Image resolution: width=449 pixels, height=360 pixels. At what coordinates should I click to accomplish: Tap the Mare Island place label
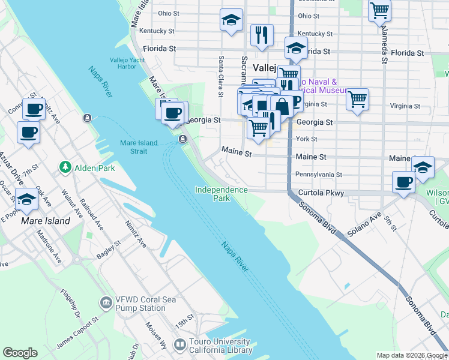click(x=46, y=221)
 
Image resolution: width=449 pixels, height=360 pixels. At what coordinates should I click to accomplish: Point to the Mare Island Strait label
click(x=139, y=147)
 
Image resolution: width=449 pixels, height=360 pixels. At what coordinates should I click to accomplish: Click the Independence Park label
click(x=221, y=194)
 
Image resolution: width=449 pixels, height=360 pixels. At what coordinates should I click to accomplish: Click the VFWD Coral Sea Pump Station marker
click(x=106, y=301)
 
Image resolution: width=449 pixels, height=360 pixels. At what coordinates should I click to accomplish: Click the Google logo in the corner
click(x=20, y=353)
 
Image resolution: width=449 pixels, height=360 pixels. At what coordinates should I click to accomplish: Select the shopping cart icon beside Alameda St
click(x=379, y=10)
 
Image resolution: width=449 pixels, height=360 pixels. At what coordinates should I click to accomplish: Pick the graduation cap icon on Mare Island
click(x=26, y=199)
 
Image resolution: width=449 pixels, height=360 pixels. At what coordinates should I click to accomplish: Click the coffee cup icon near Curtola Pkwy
click(x=403, y=181)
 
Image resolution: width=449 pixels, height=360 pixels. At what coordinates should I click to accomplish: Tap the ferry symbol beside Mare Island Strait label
click(x=182, y=139)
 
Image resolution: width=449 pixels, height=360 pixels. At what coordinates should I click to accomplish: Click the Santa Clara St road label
click(x=221, y=76)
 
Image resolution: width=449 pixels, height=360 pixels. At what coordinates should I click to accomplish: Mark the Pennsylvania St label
click(x=318, y=175)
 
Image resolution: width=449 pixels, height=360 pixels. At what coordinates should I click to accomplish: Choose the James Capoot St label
click(x=77, y=334)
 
